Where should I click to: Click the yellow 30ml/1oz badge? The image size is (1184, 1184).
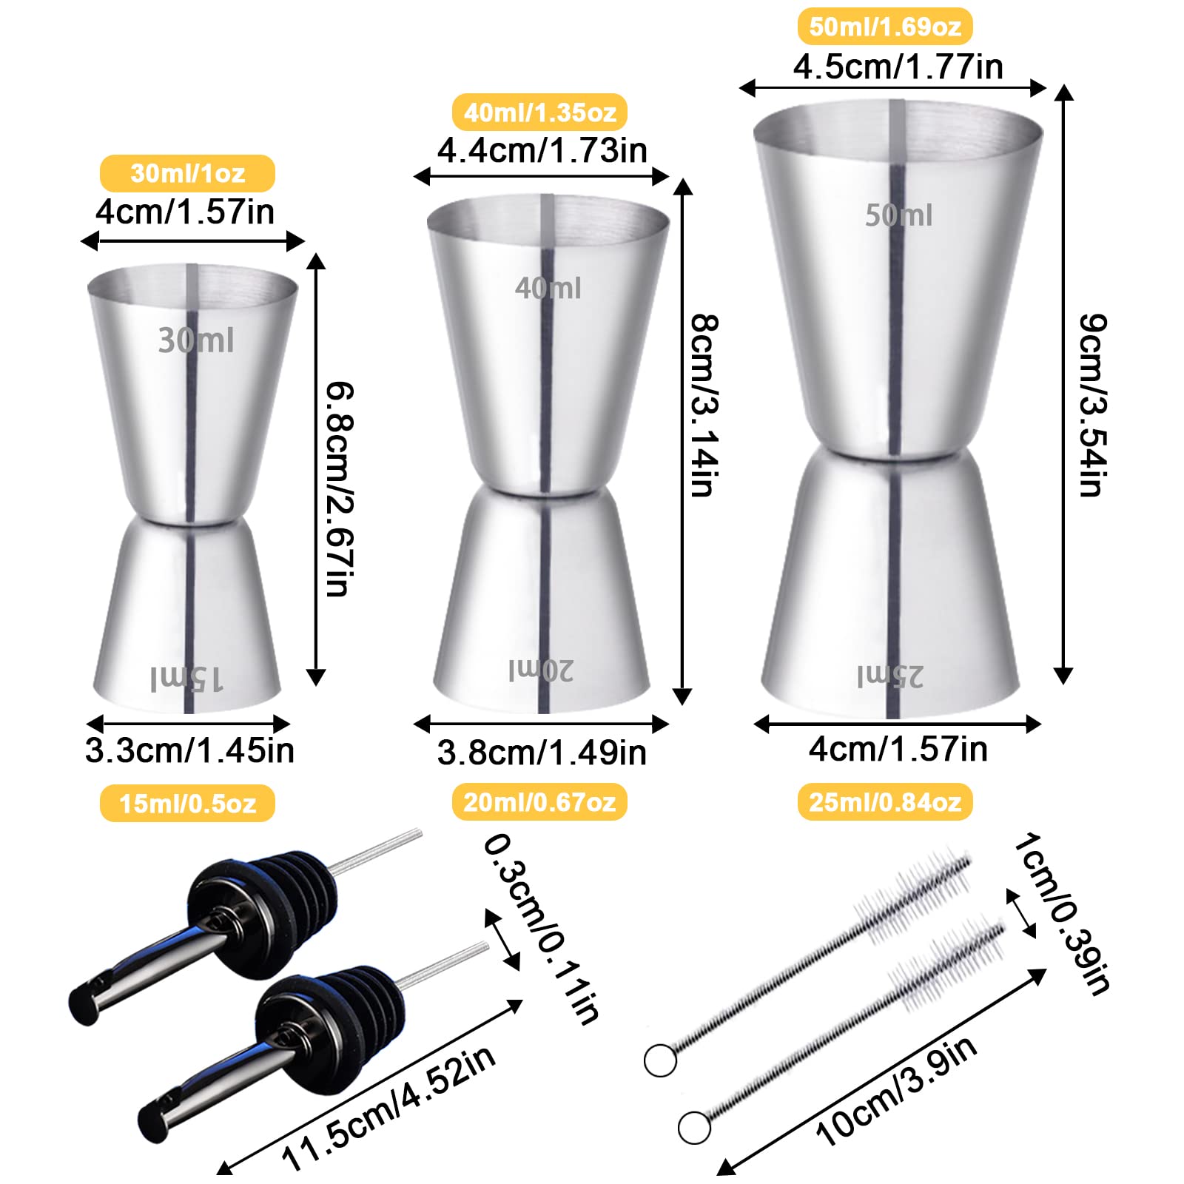187,173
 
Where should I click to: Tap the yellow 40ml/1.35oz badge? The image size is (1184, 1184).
539,112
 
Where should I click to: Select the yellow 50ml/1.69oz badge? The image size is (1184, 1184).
884,27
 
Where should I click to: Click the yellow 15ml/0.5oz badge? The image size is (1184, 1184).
187,803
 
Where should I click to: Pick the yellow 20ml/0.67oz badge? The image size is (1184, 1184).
539,802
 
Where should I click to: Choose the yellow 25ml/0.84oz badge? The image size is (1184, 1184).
884,802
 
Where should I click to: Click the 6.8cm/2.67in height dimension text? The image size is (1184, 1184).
340,488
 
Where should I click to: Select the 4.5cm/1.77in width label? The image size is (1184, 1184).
898,67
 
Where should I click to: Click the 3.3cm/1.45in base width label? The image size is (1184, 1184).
189,750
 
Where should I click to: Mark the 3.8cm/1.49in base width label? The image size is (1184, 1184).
542,753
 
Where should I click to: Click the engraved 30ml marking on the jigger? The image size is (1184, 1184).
196,340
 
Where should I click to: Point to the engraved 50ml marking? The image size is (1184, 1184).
899,215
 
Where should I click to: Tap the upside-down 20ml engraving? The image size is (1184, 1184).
541,670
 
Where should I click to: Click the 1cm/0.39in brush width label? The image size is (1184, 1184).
1062,913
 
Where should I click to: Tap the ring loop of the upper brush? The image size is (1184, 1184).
660,1060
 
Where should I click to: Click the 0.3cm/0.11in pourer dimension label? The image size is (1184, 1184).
541,928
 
